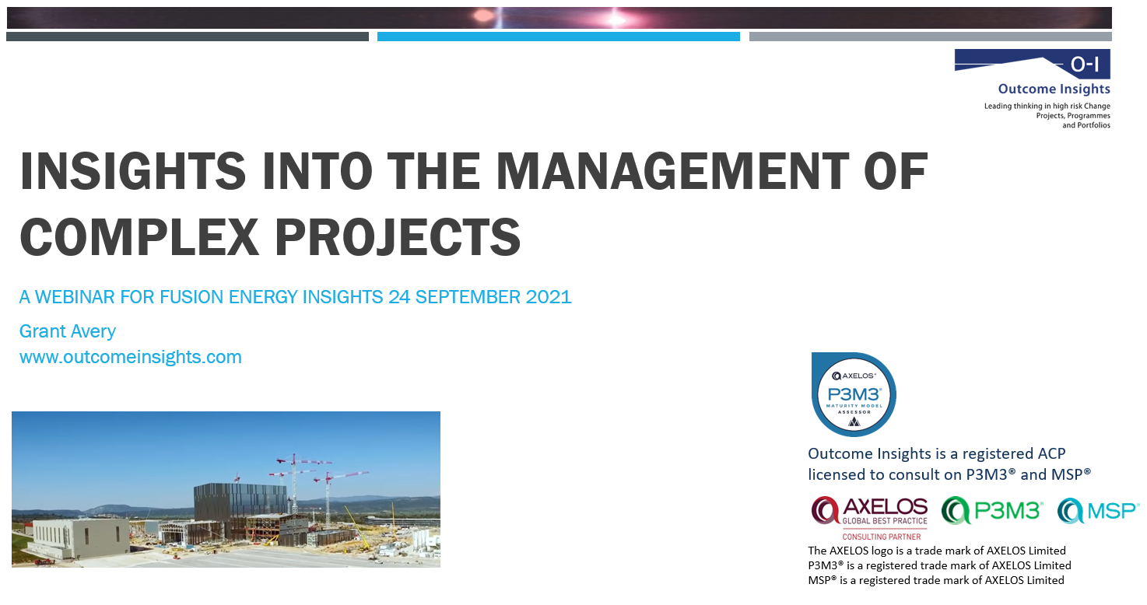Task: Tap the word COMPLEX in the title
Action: point(139,236)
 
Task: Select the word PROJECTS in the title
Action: point(398,236)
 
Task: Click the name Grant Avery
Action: point(68,331)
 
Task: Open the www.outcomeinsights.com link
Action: point(131,357)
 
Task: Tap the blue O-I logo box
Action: point(1033,64)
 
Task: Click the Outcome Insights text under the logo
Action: point(1054,89)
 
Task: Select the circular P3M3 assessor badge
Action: point(854,394)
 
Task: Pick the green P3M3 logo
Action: point(992,510)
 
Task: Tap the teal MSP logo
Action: point(1098,511)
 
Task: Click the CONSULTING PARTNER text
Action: point(881,537)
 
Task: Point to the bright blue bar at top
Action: point(559,37)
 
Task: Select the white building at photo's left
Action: point(78,538)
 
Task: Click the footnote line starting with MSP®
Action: point(936,580)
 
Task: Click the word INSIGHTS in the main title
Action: point(133,170)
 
